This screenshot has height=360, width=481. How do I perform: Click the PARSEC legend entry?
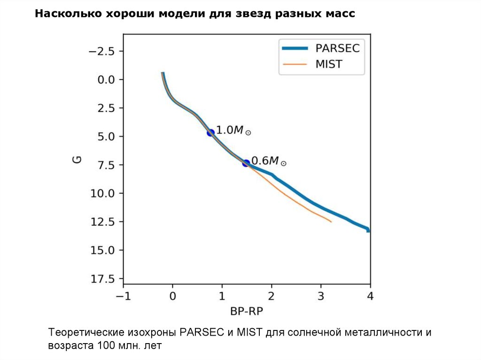[x=337, y=48]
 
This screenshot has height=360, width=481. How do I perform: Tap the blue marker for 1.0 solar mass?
[x=210, y=133]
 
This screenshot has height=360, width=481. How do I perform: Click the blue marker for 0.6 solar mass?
[x=246, y=163]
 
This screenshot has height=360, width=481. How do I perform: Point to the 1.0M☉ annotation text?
[x=233, y=130]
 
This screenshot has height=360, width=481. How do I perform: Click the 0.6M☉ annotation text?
[x=269, y=161]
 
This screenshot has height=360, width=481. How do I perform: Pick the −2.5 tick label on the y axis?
[x=101, y=51]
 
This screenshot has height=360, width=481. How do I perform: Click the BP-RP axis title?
[x=247, y=311]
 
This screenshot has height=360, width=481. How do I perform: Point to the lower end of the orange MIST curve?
[x=331, y=222]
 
